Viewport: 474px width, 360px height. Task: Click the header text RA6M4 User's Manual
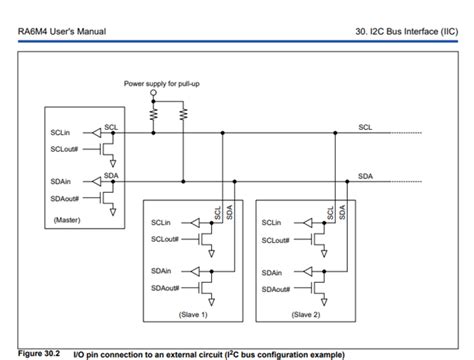[x=63, y=34]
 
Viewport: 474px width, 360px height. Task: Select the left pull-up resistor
[x=153, y=114]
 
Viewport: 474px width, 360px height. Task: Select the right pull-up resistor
[x=184, y=114]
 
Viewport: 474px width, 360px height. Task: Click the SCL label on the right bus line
[x=365, y=126]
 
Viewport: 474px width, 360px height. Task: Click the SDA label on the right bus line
[x=366, y=175]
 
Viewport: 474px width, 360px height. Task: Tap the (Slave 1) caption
[x=192, y=313]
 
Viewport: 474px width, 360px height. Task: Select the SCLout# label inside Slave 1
[x=165, y=240]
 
